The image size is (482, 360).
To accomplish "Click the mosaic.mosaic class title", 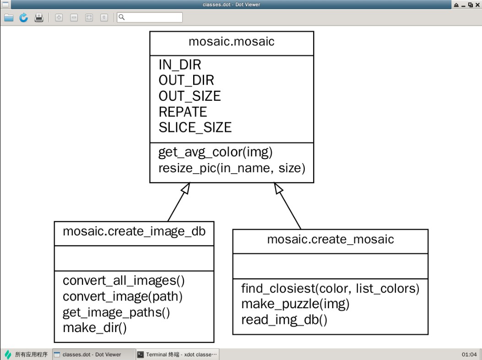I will tap(231, 42).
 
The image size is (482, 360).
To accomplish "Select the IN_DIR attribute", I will tap(179, 65).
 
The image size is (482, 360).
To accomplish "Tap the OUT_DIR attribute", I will tap(186, 81).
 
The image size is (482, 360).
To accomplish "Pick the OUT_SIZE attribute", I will tap(190, 96).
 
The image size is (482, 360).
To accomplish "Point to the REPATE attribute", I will tap(183, 112).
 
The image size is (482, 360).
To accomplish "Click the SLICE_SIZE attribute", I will tap(195, 127).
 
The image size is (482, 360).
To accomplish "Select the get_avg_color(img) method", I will tap(215, 152).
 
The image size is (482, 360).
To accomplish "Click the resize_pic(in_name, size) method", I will tap(232, 168).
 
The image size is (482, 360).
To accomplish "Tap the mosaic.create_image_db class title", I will tap(134, 231).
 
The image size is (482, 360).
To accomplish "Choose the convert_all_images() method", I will tap(124, 280).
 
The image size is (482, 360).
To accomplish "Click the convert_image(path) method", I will tap(123, 296).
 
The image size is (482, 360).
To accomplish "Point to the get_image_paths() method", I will tap(116, 312).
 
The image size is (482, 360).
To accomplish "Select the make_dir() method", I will tap(94, 328).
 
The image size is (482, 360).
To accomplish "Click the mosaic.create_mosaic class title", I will tap(330, 239).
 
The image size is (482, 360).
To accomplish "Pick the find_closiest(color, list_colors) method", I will tap(330, 289).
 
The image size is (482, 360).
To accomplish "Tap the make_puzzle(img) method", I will tap(295, 304).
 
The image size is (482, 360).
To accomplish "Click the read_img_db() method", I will tap(284, 320).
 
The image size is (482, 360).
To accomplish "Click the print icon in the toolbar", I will tap(39, 17).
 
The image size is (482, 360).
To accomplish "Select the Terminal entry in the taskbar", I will tap(177, 355).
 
